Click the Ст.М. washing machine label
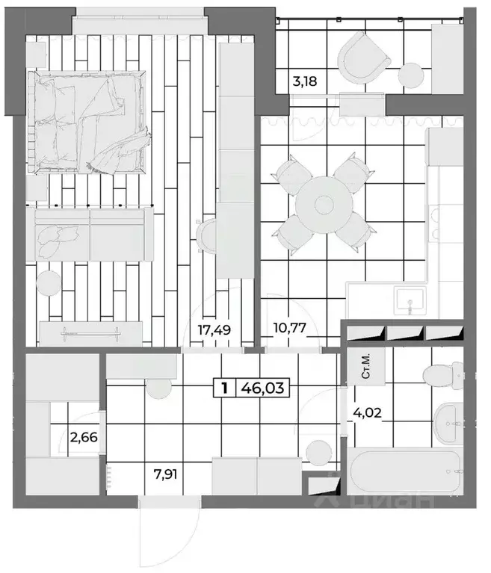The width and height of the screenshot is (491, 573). pyautogui.click(x=367, y=367)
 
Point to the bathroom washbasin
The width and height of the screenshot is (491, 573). pyautogui.click(x=449, y=422)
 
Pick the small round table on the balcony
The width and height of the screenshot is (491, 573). pyautogui.click(x=411, y=76)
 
